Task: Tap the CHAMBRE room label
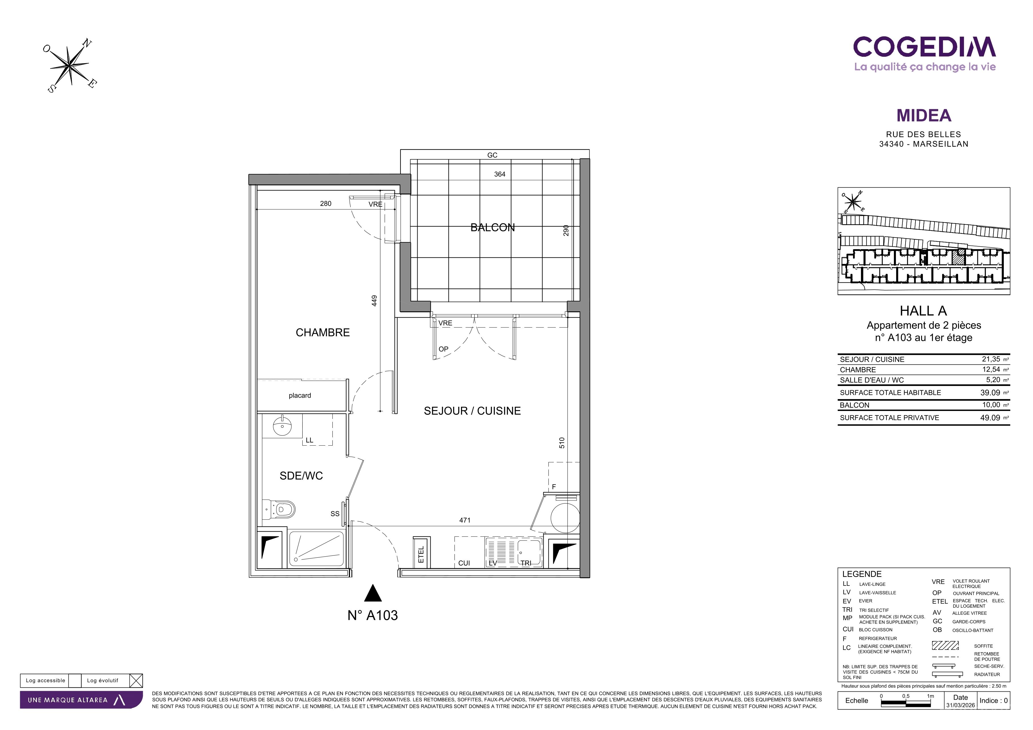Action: [322, 332]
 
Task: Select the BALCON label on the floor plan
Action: [493, 228]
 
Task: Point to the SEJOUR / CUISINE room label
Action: [472, 411]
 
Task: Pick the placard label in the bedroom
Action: [300, 395]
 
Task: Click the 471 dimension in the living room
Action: [465, 520]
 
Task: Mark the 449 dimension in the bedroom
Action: [374, 301]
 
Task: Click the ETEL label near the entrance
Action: [421, 555]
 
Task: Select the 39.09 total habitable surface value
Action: [990, 393]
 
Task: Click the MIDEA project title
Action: [924, 116]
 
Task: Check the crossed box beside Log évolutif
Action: [136, 681]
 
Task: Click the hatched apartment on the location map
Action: [959, 257]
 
